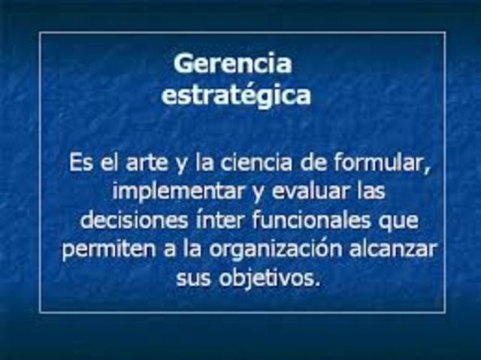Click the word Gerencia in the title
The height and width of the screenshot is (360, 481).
(232, 63)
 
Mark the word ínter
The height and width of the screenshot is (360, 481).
(218, 221)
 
